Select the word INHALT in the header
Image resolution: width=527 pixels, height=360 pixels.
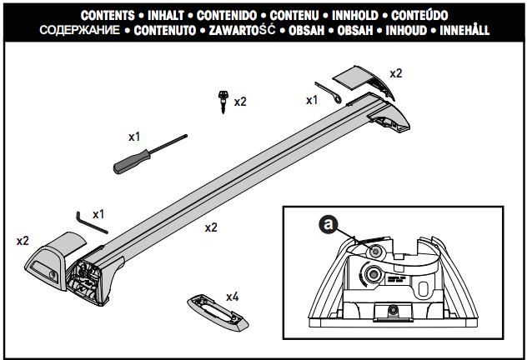coord(173,15)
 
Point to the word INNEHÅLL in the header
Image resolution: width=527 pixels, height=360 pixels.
coord(457,30)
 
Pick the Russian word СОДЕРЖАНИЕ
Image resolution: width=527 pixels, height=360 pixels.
coord(76,30)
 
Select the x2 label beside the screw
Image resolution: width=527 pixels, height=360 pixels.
coord(240,102)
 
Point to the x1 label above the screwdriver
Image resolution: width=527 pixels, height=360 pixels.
coord(134,134)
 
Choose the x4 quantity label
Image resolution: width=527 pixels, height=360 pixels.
coord(233,297)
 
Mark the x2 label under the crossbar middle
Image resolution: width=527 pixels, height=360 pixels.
coord(211,227)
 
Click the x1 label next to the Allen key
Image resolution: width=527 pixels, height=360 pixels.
coord(98,213)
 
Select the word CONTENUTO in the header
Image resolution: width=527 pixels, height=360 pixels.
coord(165,30)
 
